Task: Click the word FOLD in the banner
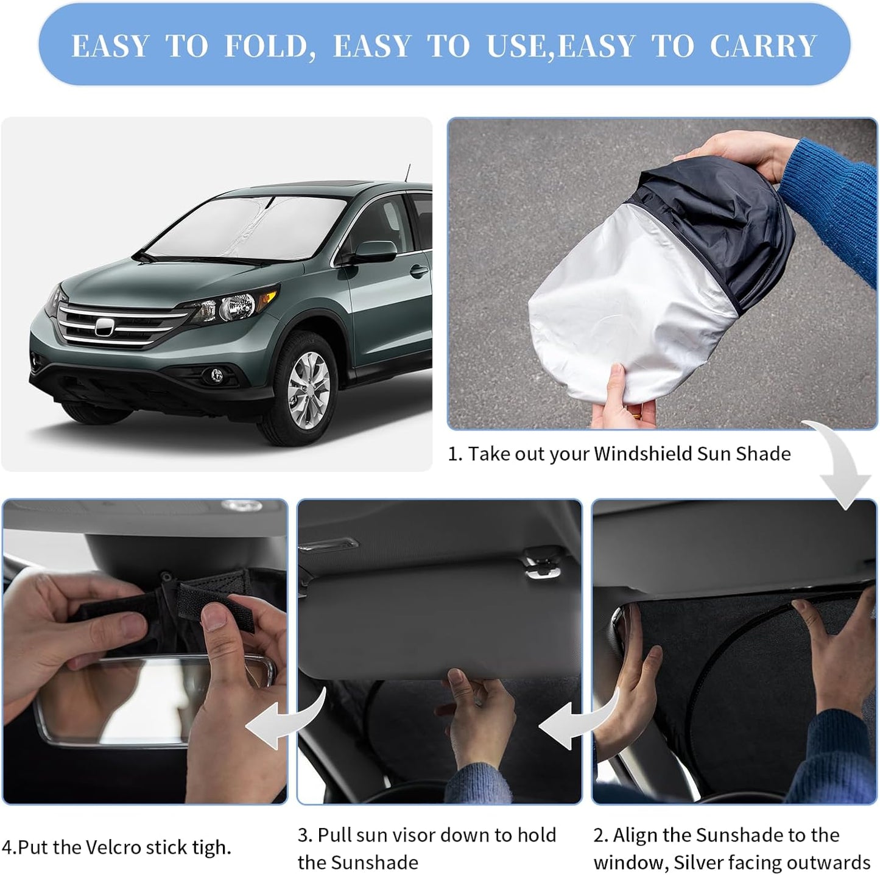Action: click(x=270, y=47)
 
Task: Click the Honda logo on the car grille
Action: click(x=105, y=328)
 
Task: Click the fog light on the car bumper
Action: click(x=216, y=376)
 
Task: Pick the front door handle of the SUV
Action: click(x=418, y=270)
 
